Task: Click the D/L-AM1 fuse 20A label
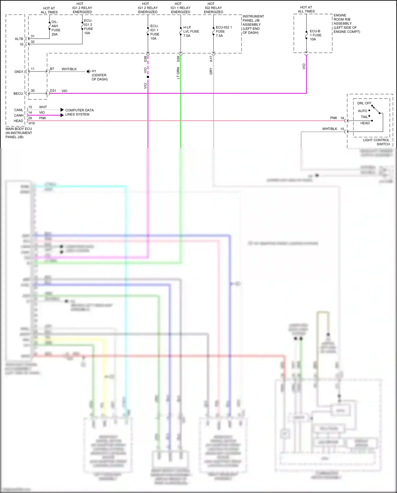[x=56, y=28]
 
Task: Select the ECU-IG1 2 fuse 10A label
[x=88, y=27]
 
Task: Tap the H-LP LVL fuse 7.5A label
[x=191, y=31]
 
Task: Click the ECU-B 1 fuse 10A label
[x=315, y=35]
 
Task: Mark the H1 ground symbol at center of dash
[x=88, y=71]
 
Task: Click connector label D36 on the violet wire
[x=145, y=59]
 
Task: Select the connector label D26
[x=178, y=59]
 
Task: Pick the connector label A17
[x=211, y=59]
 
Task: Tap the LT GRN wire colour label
[x=178, y=73]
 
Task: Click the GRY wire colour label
[x=211, y=71]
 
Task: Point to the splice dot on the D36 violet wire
[x=148, y=77]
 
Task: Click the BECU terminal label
[x=18, y=94]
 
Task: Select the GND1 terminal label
[x=19, y=72]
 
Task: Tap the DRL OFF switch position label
[x=364, y=103]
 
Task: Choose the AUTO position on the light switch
[x=362, y=111]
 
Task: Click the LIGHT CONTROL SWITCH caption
[x=376, y=142]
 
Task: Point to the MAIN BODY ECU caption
[x=19, y=129]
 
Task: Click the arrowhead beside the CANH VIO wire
[x=62, y=115]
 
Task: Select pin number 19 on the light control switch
[x=342, y=118]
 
